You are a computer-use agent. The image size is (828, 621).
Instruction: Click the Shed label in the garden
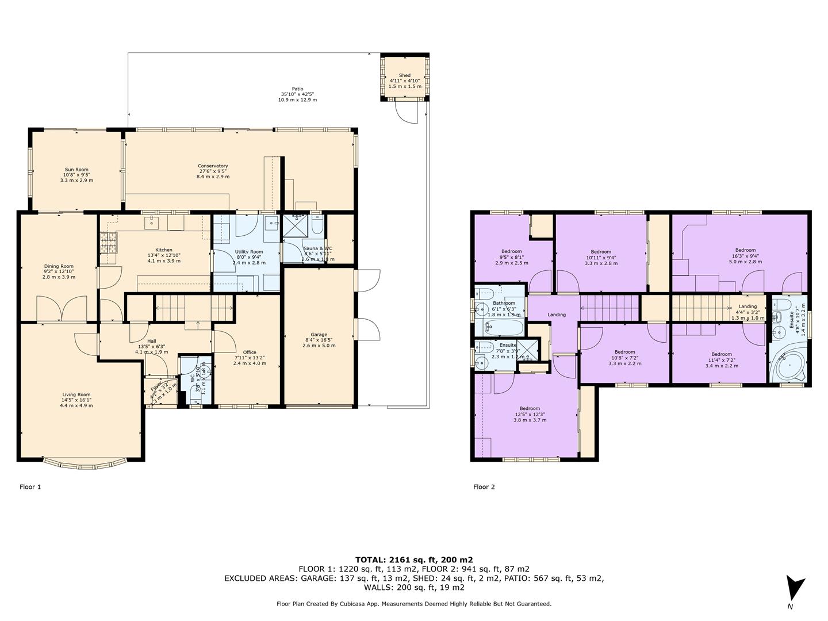tap(404, 75)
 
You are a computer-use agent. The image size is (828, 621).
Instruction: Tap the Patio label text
tap(297, 89)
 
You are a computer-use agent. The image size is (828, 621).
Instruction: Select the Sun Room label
tap(76, 170)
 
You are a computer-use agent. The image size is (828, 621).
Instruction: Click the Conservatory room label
tap(213, 166)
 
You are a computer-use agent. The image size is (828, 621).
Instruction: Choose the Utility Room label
tap(249, 252)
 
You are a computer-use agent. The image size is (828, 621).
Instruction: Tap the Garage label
tap(319, 335)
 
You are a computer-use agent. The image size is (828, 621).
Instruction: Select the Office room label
tap(250, 352)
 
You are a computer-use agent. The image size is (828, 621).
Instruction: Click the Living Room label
tap(76, 394)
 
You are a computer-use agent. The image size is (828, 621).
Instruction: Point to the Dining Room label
tap(59, 266)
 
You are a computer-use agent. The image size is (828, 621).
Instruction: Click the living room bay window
tap(85, 462)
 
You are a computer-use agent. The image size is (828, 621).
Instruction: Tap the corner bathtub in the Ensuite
tap(787, 365)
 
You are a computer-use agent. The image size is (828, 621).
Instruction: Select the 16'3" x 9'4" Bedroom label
tap(745, 250)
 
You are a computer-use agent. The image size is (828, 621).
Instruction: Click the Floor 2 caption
tap(484, 487)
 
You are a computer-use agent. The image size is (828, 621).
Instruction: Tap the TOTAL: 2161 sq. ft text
tap(414, 559)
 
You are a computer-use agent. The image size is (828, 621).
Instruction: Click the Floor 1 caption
tap(30, 487)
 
